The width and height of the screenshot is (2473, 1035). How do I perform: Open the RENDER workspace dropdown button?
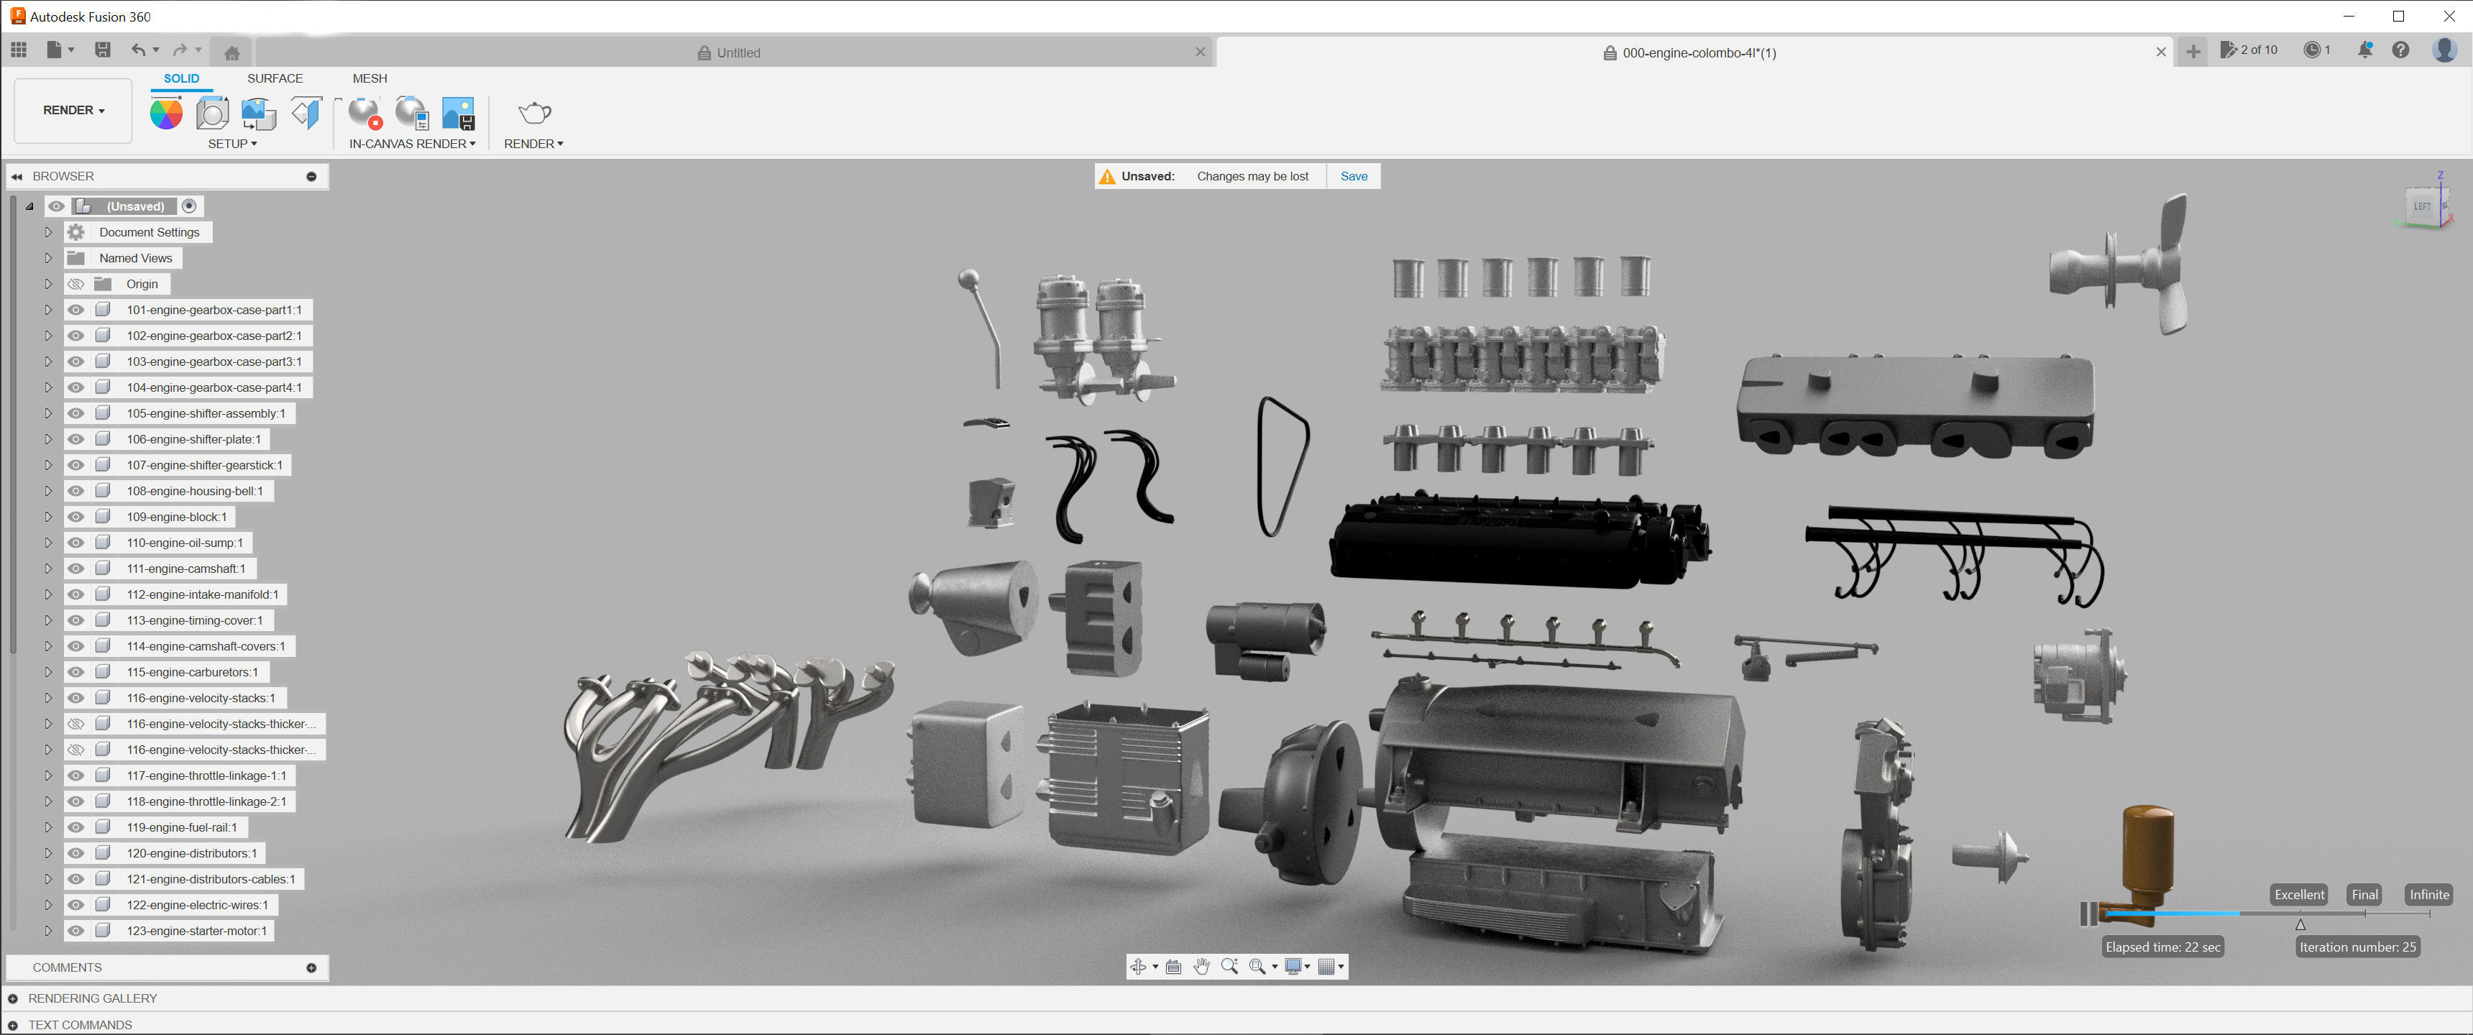tap(73, 111)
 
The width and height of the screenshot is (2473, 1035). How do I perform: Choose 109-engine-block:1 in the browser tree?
tap(177, 517)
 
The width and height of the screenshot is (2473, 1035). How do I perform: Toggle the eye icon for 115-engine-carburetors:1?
tap(75, 673)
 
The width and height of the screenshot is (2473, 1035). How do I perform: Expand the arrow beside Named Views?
tap(48, 258)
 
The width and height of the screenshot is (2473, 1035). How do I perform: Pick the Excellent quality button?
tap(2298, 895)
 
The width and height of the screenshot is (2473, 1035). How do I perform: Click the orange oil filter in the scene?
tap(2147, 855)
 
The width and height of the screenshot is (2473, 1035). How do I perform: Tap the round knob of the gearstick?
tap(968, 280)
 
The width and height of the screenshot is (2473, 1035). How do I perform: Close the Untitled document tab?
tap(1199, 52)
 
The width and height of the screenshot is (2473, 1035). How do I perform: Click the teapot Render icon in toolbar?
tap(533, 114)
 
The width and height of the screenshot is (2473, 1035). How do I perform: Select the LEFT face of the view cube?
tap(2421, 206)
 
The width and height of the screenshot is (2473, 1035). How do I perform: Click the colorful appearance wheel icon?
tap(166, 114)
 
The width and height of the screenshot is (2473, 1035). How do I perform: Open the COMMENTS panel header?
tap(67, 967)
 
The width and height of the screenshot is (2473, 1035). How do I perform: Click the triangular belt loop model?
tap(1283, 466)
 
